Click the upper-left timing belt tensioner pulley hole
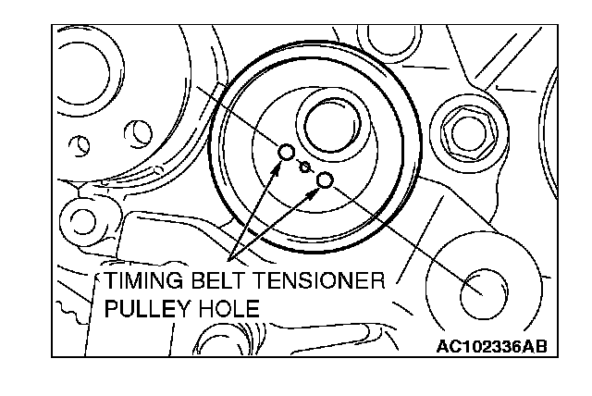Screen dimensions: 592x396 pos(287,153)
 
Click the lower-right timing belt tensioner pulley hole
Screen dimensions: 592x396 pos(325,180)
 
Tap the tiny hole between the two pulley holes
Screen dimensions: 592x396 pos(305,167)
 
